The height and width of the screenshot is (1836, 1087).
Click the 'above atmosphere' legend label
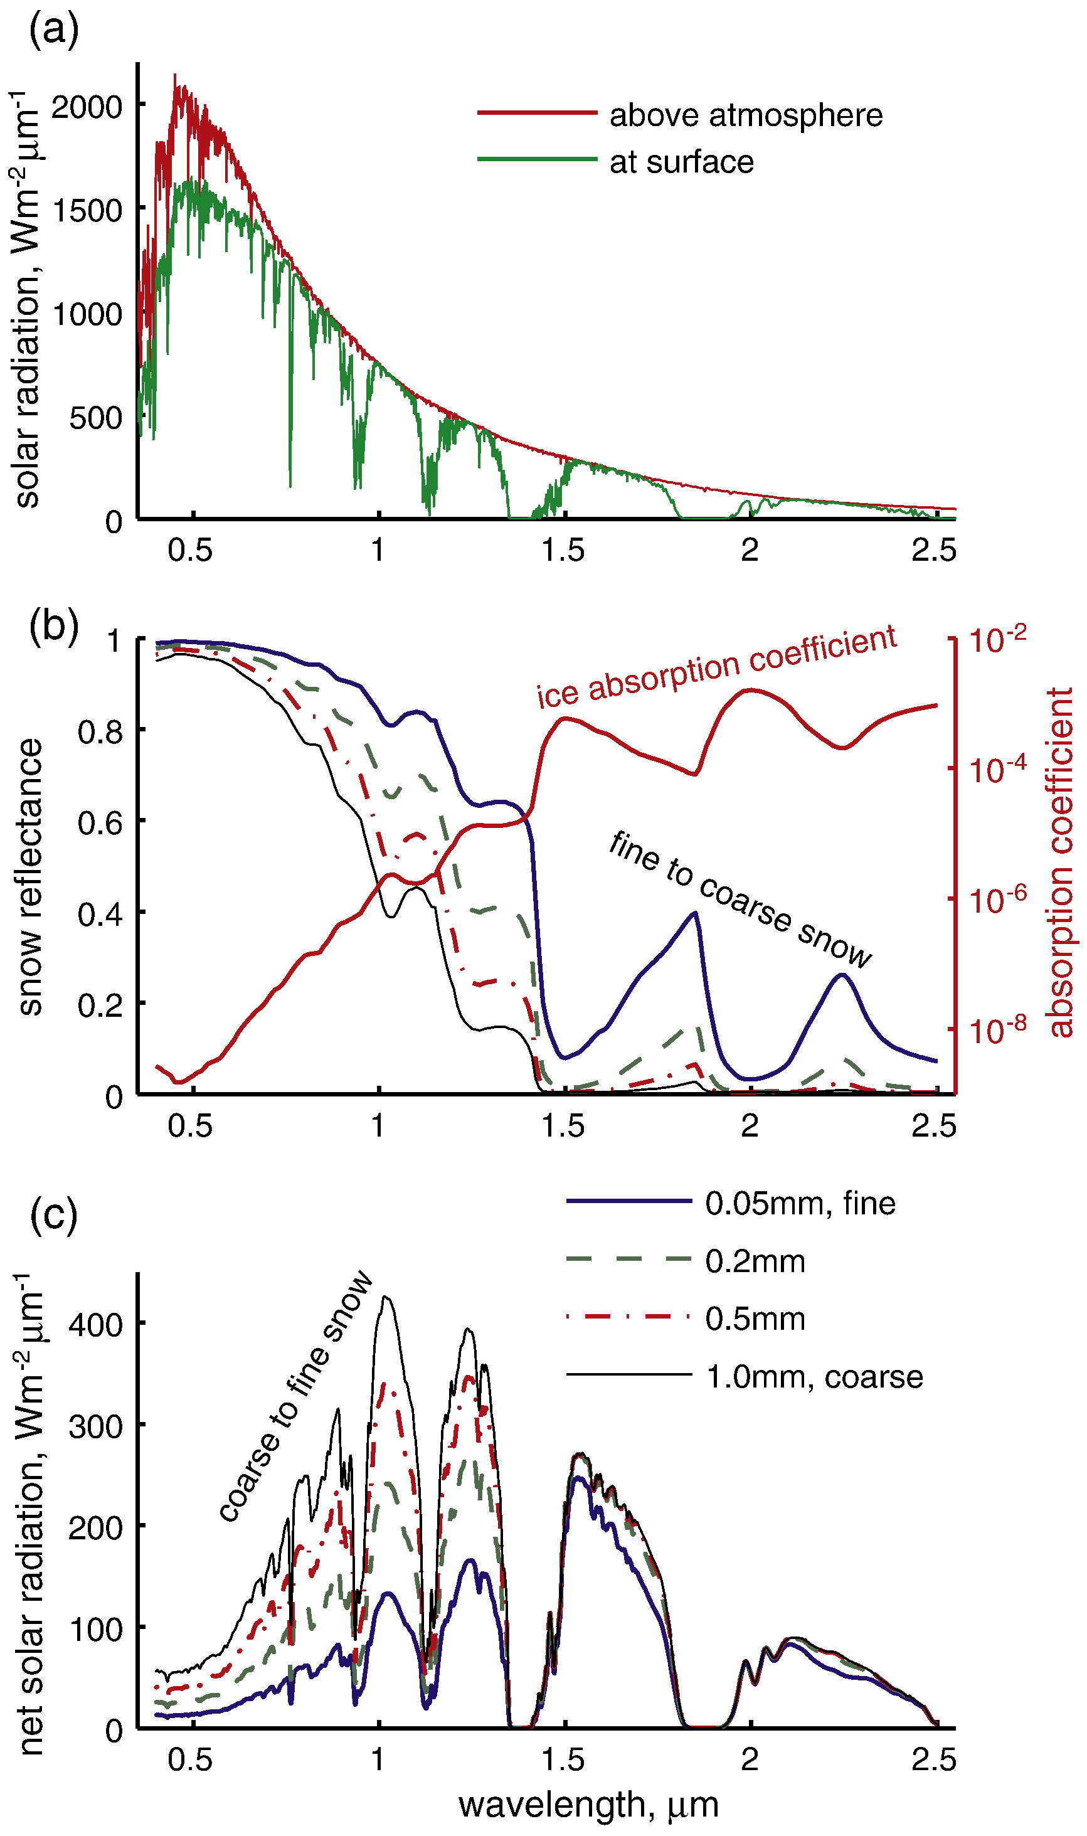(746, 115)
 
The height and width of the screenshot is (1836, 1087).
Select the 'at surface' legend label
(681, 162)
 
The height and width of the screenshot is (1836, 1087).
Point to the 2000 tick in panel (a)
(87, 107)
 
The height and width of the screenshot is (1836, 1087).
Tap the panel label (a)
(53, 31)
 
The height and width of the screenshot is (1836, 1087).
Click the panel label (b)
(53, 626)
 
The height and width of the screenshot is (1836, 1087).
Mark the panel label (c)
(53, 1215)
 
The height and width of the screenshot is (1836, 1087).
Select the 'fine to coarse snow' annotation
(740, 899)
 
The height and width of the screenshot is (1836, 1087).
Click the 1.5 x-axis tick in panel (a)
(563, 551)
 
